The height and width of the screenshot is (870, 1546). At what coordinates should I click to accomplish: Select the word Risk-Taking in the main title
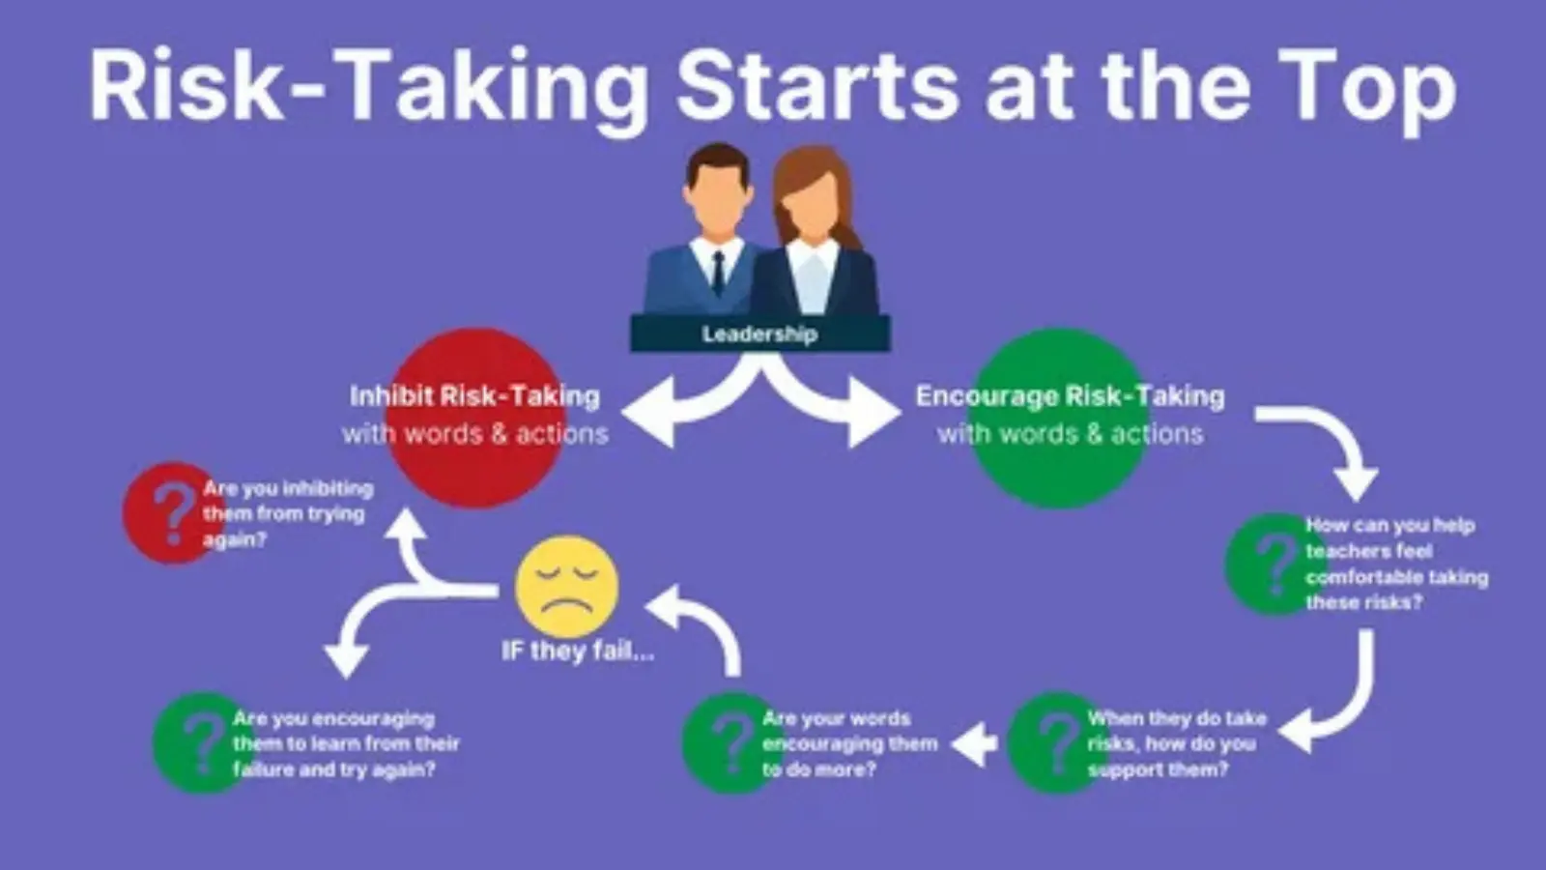(368, 88)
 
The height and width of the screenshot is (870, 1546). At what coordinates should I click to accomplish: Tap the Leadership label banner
(759, 334)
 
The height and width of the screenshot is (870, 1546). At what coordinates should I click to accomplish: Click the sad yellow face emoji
(566, 587)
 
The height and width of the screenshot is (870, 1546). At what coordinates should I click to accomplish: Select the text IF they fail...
(577, 652)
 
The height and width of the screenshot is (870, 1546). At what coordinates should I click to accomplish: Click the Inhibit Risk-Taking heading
(474, 396)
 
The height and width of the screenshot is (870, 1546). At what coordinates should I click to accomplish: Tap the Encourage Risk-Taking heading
(1070, 396)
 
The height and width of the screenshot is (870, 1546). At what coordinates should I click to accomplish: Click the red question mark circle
(173, 513)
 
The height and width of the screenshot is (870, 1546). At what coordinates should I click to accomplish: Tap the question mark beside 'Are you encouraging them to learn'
(203, 743)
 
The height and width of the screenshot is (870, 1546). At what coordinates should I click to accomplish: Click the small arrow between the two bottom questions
(974, 744)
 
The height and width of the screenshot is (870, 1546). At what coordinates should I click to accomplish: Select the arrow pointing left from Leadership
(697, 407)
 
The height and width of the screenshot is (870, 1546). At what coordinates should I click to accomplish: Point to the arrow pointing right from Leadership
(828, 407)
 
